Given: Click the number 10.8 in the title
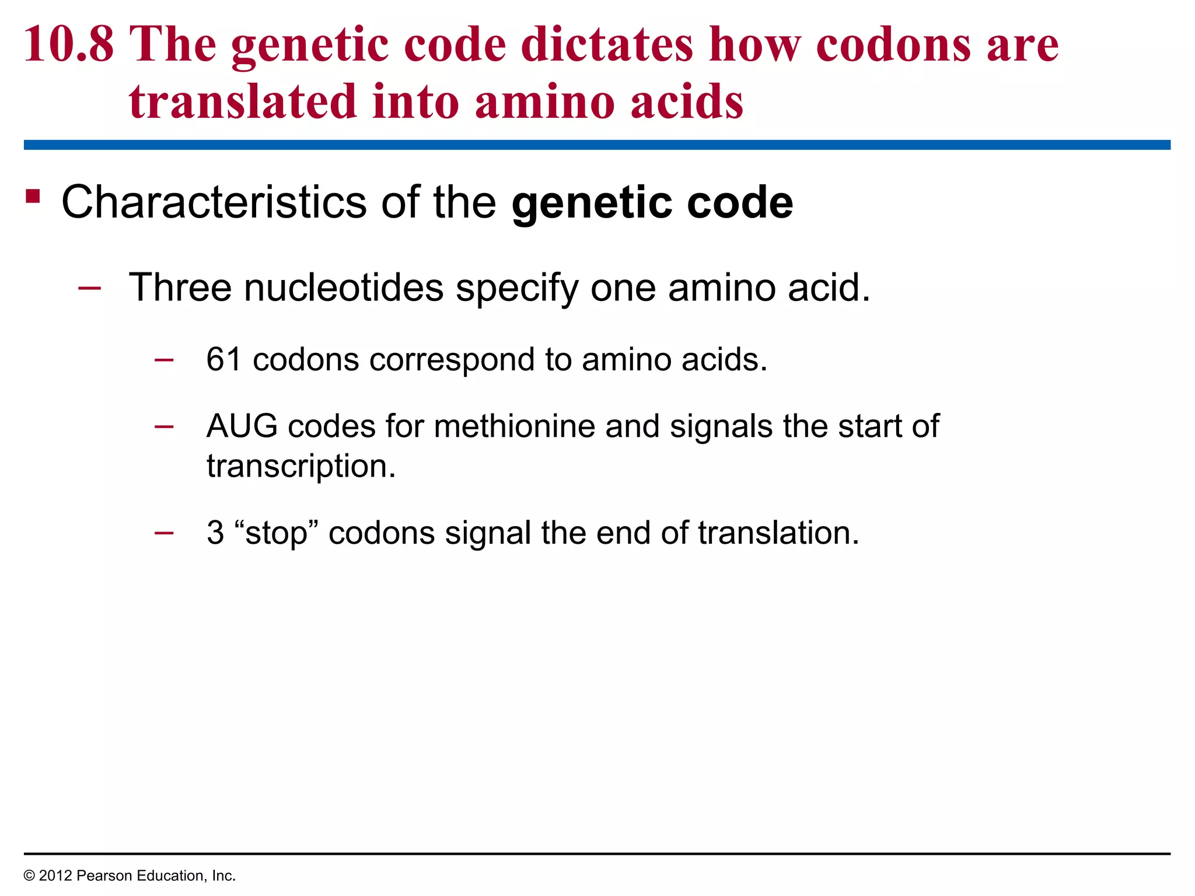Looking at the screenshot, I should [69, 45].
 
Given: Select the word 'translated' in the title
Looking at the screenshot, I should [242, 102].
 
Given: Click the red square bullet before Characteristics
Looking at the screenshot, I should [33, 197].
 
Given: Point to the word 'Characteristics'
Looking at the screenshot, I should [214, 202].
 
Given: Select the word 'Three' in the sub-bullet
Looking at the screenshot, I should [180, 288].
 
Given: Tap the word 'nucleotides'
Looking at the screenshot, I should [344, 288].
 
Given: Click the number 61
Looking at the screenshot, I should [223, 359].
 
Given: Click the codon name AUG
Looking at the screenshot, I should [242, 426].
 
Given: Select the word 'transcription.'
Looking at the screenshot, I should [301, 466].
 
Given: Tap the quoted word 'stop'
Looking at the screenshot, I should [276, 533].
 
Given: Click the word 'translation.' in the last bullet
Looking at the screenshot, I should [778, 533].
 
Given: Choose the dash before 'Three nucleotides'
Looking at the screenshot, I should [89, 288].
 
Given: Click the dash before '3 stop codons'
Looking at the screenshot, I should [164, 532].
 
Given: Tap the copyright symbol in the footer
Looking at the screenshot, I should [29, 876].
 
